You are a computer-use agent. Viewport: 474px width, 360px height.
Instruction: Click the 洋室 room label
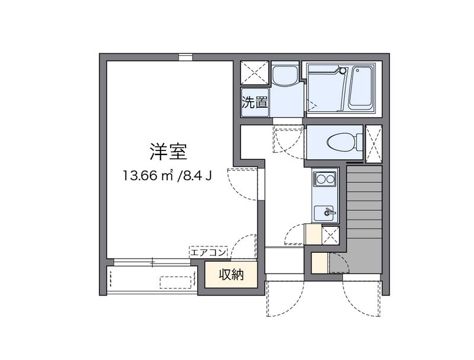[x=168, y=152]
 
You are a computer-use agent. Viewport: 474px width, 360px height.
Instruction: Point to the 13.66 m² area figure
[x=148, y=175]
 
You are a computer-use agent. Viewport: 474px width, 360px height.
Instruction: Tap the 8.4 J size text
[x=196, y=175]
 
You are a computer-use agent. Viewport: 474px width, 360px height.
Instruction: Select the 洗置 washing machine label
[x=255, y=102]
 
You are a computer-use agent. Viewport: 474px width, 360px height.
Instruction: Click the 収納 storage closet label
[x=230, y=275]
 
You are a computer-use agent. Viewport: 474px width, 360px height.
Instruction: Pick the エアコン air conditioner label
[x=208, y=253]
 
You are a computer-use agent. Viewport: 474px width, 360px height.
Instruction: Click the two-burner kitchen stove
[x=325, y=178]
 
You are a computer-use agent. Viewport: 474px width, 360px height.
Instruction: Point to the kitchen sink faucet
[x=329, y=211]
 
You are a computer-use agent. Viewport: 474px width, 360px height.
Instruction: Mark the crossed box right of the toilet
[x=374, y=143]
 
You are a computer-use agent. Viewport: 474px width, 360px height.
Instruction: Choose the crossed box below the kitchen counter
[x=329, y=235]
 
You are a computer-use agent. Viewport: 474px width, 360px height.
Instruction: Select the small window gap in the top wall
[x=186, y=57]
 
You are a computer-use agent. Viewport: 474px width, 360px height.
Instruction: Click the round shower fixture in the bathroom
[x=342, y=71]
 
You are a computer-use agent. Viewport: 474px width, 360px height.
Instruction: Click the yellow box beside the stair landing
[x=319, y=262]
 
